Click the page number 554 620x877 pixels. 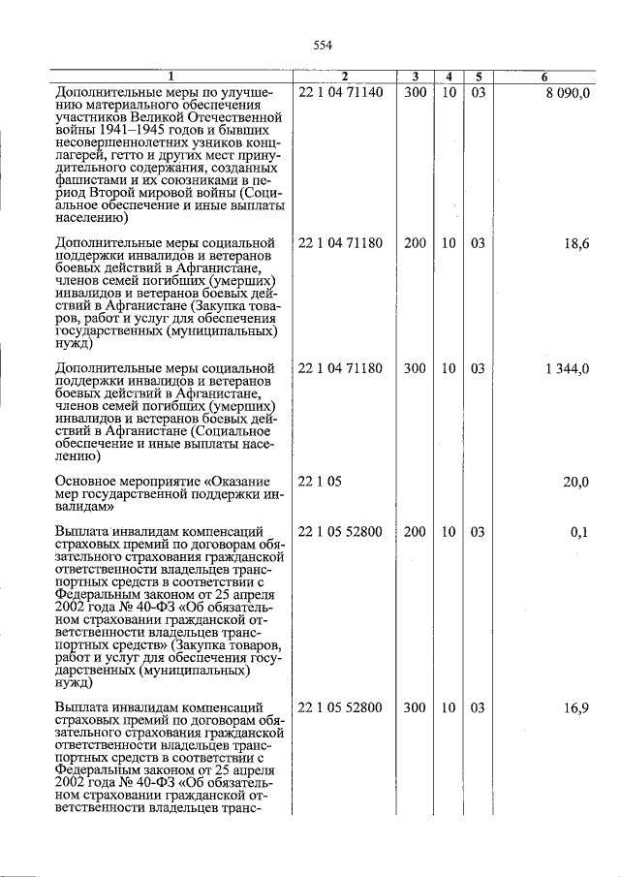click(323, 45)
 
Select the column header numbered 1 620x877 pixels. click(171, 77)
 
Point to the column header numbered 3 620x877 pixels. click(415, 77)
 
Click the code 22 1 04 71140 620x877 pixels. click(341, 93)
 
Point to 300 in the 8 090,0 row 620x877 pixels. click(415, 93)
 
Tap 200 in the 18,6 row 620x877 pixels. click(415, 244)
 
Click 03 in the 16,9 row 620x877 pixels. click(478, 708)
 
